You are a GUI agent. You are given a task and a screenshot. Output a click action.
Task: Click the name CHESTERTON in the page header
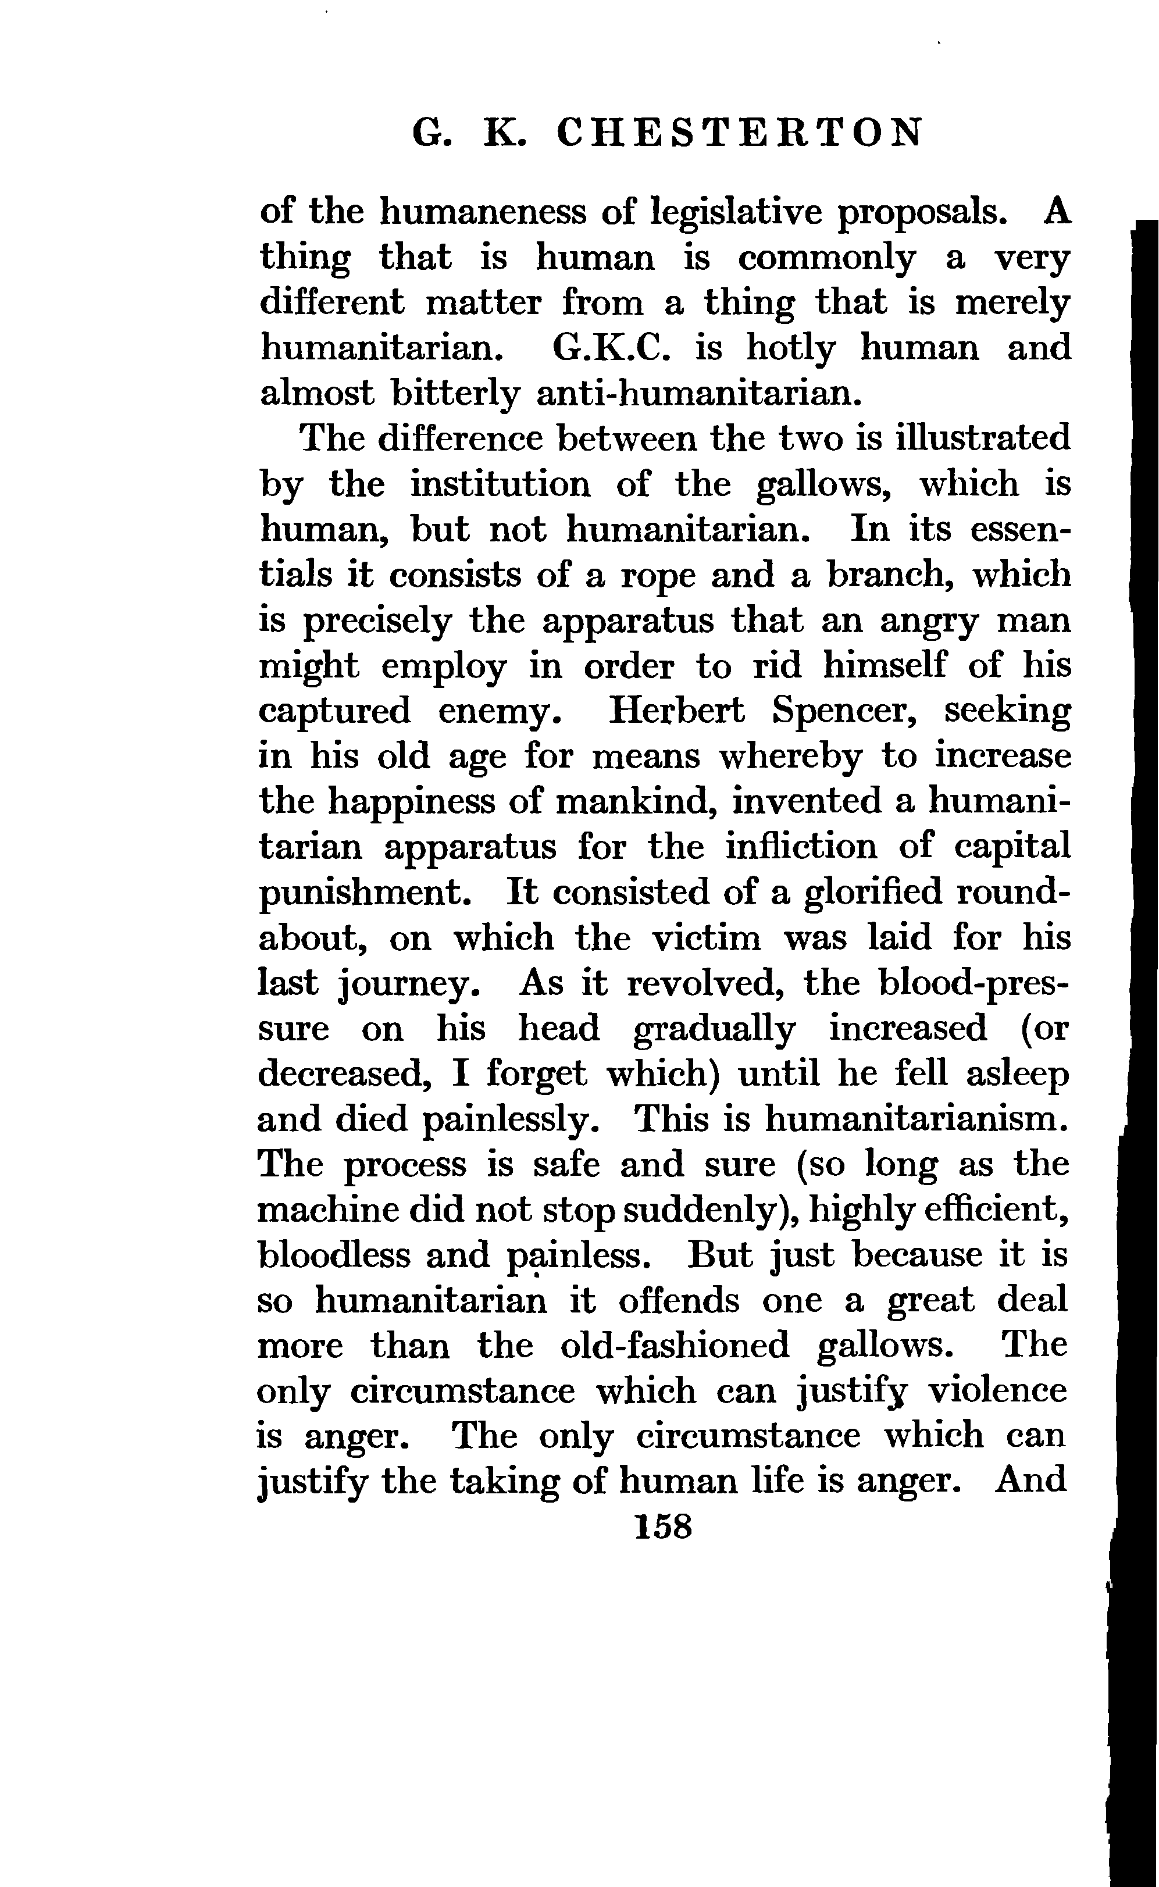coord(739,134)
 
